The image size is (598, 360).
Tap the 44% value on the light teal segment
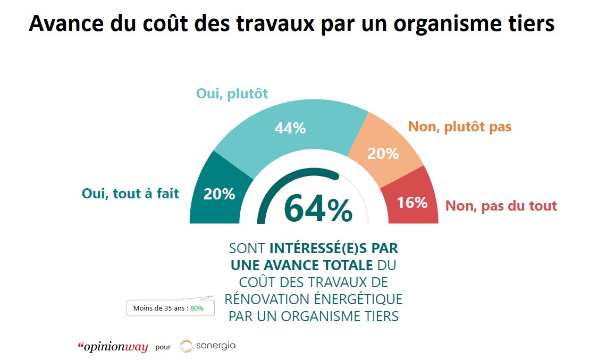(290, 128)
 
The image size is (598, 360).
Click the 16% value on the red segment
(412, 203)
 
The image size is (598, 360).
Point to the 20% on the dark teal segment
(220, 194)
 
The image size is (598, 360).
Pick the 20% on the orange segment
(383, 154)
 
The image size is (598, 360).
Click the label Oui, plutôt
(232, 94)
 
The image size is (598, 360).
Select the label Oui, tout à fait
(130, 194)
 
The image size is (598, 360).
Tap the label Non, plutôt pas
(459, 127)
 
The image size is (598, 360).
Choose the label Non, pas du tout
(501, 206)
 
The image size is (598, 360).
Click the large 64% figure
(317, 210)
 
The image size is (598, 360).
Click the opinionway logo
(113, 347)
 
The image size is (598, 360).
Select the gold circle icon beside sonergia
(186, 346)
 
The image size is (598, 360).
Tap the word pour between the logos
(163, 347)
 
